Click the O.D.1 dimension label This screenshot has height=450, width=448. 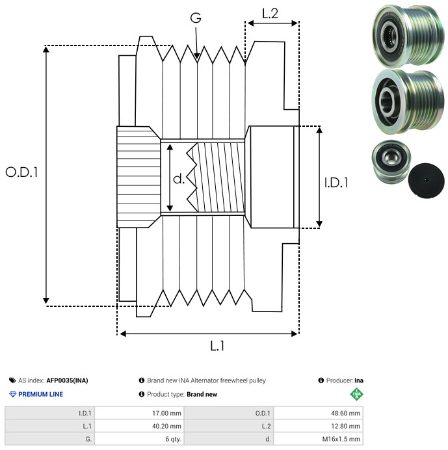click(x=21, y=172)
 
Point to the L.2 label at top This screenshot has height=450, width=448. click(x=270, y=13)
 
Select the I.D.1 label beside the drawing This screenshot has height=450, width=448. click(x=336, y=183)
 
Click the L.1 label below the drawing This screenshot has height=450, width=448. click(x=217, y=347)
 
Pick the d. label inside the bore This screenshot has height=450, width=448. click(x=179, y=179)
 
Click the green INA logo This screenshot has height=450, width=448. click(x=356, y=394)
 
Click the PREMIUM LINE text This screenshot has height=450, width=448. click(x=41, y=394)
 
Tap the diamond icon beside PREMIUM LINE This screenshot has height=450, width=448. click(x=12, y=394)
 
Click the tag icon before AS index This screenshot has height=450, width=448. click(x=12, y=380)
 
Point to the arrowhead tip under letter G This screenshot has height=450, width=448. click(x=197, y=60)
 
